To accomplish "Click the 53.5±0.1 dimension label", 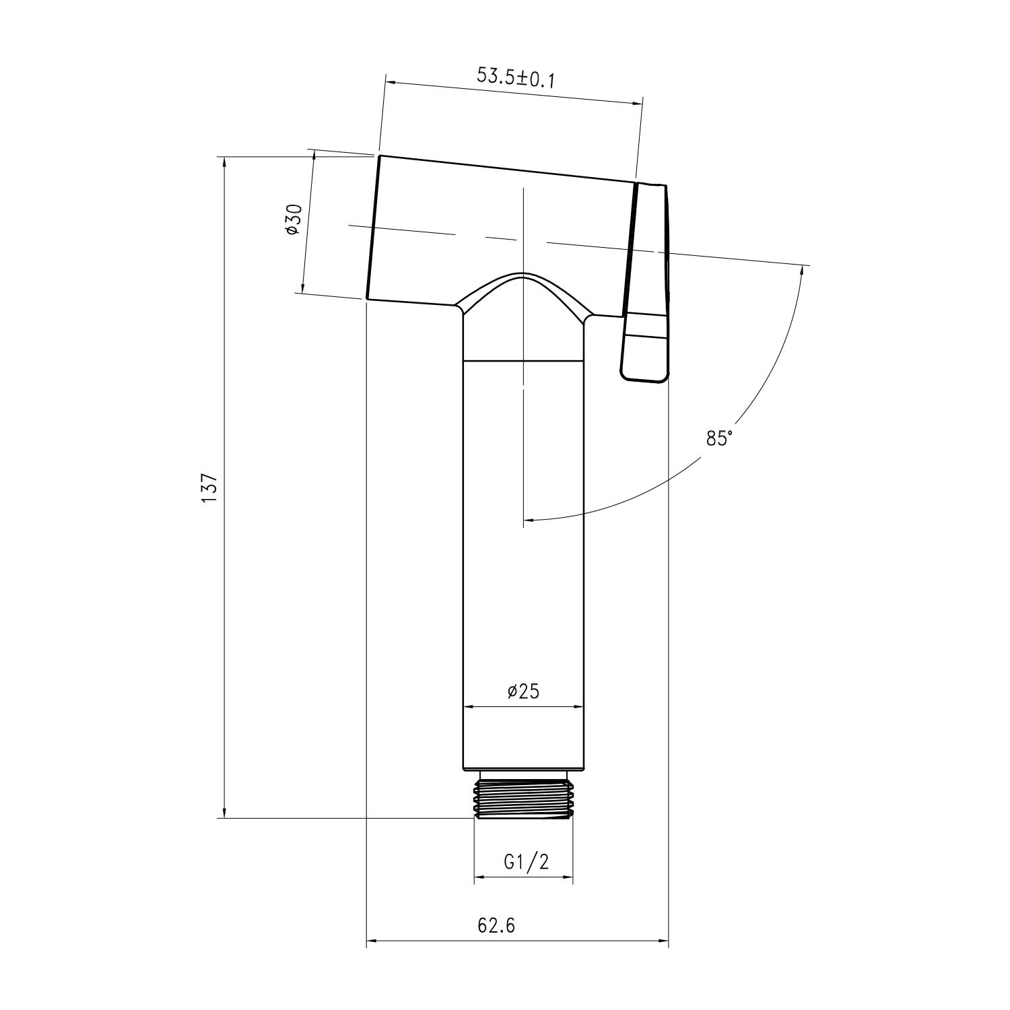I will (x=515, y=77).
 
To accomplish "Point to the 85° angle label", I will (x=719, y=438).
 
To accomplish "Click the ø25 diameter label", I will (x=523, y=691).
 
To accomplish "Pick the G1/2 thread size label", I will (x=526, y=863).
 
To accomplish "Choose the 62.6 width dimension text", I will (x=497, y=926).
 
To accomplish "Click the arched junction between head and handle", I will (x=523, y=290).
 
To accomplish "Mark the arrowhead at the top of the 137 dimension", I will (x=224, y=162).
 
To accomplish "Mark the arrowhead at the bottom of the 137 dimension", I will (x=224, y=813).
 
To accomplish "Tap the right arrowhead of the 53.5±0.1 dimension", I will (x=637, y=102).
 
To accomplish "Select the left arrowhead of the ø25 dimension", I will (x=469, y=707).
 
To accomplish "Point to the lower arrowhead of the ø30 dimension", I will (x=304, y=287).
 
